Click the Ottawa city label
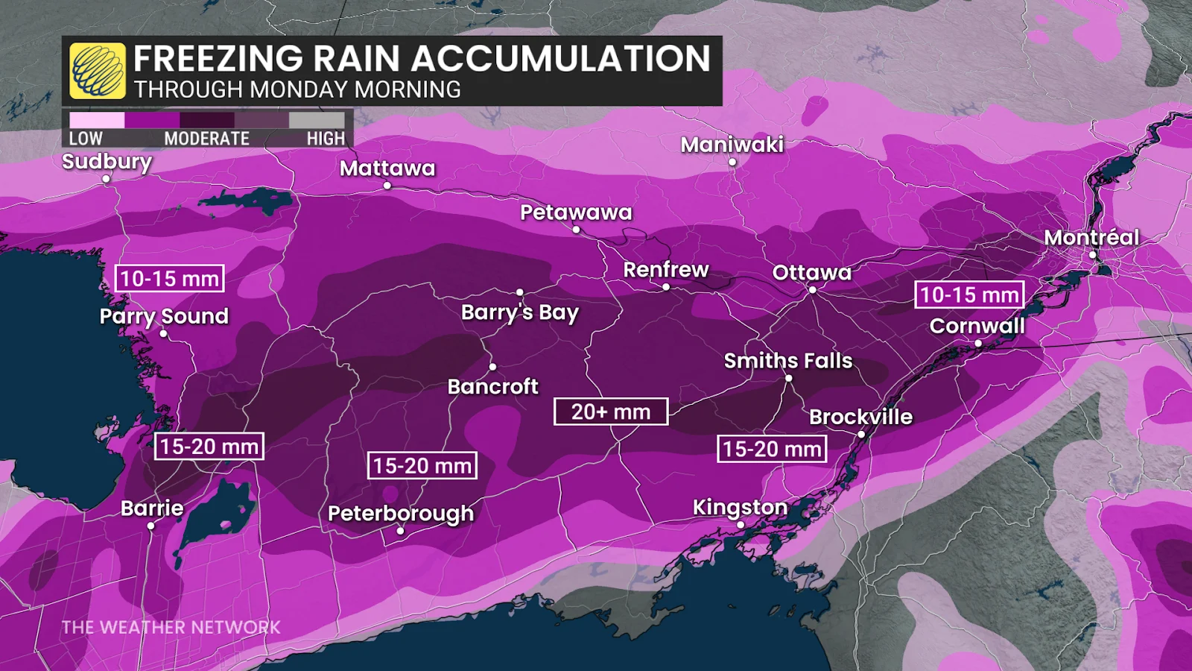tap(811, 272)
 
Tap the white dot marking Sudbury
tap(106, 179)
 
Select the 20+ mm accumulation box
tap(611, 412)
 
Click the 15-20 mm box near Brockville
tap(772, 449)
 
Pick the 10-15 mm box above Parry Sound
tap(170, 279)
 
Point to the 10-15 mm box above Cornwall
tap(969, 294)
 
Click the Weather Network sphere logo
tap(98, 71)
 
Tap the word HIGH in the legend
tap(326, 139)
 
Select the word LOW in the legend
tap(86, 139)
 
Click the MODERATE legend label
tap(206, 139)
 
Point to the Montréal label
tap(1091, 237)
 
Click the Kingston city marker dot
tap(741, 525)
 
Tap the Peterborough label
tap(401, 513)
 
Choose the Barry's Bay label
tap(519, 312)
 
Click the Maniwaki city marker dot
tap(732, 162)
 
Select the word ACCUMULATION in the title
tap(560, 58)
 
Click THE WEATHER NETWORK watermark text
tap(171, 627)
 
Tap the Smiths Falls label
tap(788, 361)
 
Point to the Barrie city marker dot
tap(150, 526)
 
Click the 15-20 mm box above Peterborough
tap(422, 466)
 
